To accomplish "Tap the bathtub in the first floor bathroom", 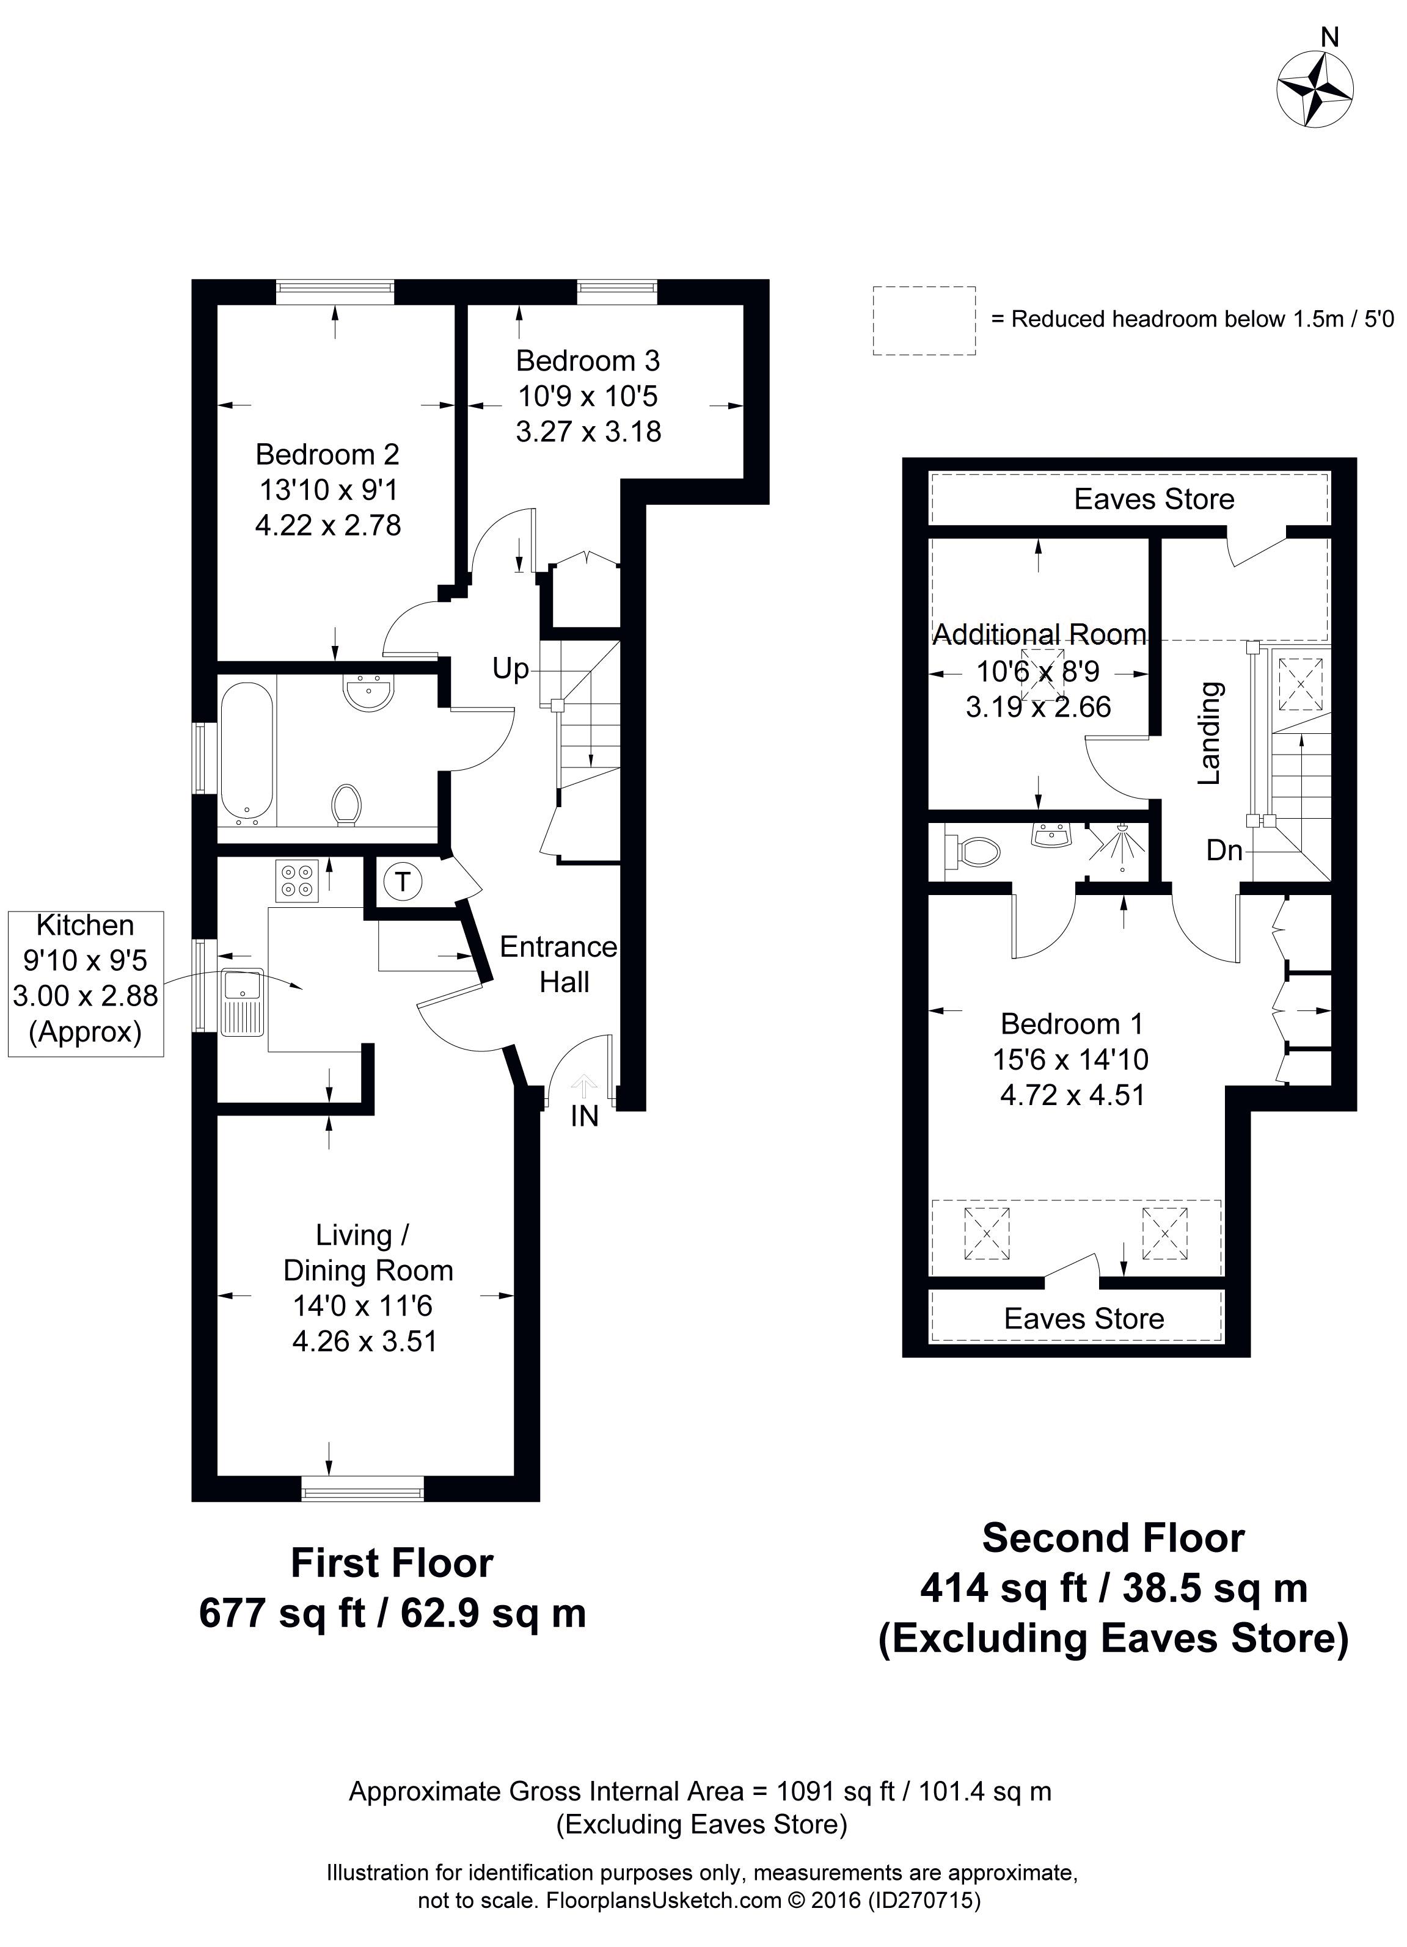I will (x=247, y=751).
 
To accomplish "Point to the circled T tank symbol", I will (x=401, y=882).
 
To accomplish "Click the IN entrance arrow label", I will (x=584, y=1117).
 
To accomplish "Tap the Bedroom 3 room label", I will (x=588, y=361).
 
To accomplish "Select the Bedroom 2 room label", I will (x=327, y=454).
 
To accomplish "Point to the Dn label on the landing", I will (x=1224, y=850).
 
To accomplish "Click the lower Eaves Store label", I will (x=1084, y=1319).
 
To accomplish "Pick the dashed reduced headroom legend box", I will (x=924, y=320).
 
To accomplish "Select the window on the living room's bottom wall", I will (x=362, y=1488).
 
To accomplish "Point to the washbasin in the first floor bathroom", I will (x=370, y=692).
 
